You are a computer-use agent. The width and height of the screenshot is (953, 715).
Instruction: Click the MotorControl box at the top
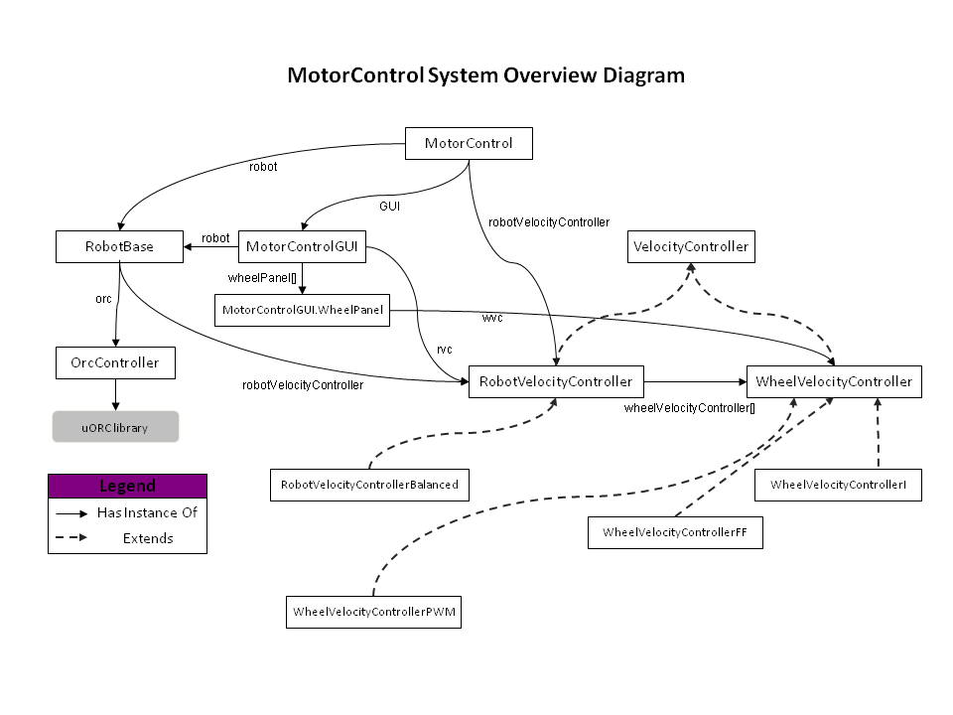[x=469, y=143]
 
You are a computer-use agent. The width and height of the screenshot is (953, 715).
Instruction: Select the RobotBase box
[x=119, y=247]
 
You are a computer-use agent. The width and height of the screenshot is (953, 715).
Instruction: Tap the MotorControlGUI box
[x=302, y=247]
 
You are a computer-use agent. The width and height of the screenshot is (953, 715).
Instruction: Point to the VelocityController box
[x=691, y=247]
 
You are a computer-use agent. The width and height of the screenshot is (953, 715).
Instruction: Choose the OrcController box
[x=115, y=362]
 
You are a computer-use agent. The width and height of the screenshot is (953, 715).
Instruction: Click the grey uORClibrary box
[x=115, y=426]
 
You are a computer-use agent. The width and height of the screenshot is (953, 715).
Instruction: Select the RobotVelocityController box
[x=556, y=381]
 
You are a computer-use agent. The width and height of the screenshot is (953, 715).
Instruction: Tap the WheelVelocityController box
[x=834, y=381]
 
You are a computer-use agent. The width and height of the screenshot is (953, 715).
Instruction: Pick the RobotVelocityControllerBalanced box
[x=369, y=485]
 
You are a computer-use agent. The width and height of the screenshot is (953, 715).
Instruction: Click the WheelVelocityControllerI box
[x=838, y=485]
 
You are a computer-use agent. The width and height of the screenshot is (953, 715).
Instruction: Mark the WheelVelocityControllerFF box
[x=675, y=532]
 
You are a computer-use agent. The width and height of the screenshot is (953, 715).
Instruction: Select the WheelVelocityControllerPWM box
[x=374, y=611]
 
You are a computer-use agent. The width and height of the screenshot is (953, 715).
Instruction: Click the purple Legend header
[x=127, y=487]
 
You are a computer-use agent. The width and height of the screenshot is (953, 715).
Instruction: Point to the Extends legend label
[x=148, y=538]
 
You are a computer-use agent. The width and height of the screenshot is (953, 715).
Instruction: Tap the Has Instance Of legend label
[x=147, y=513]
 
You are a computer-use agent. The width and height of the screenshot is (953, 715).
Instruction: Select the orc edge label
[x=103, y=298]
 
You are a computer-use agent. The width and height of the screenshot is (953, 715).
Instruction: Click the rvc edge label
[x=445, y=349]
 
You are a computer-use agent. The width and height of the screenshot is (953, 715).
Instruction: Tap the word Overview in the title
[x=551, y=75]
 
